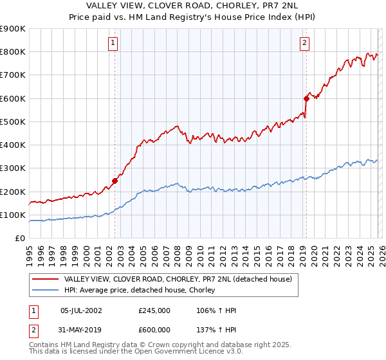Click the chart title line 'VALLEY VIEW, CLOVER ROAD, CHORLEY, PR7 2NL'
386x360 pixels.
(193, 6)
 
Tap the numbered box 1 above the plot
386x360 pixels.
(113, 43)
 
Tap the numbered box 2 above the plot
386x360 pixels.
(304, 43)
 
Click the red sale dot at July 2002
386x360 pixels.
(115, 181)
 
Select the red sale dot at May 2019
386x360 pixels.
(306, 98)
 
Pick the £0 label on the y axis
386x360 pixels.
(19, 238)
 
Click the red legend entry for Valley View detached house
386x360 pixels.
(178, 279)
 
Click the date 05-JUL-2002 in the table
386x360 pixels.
(81, 310)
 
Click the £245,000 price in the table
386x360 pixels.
(154, 310)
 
